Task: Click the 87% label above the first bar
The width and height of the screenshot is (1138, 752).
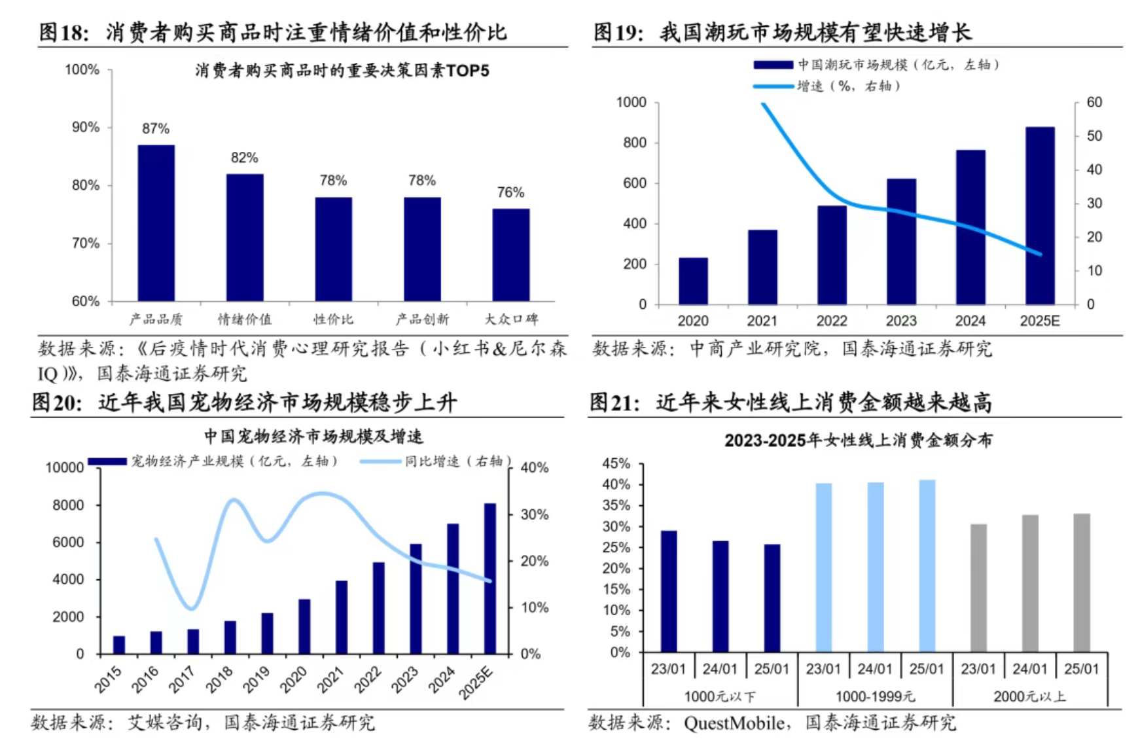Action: [x=156, y=128]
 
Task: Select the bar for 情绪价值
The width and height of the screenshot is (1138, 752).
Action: [x=245, y=237]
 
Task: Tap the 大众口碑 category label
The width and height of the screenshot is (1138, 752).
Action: [x=511, y=319]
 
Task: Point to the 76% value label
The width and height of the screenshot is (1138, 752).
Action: [x=510, y=192]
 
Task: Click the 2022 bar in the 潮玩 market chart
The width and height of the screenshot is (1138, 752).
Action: [x=832, y=255]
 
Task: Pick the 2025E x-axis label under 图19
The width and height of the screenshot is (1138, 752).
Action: [x=1039, y=321]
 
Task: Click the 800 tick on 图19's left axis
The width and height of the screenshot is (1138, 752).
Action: [x=634, y=143]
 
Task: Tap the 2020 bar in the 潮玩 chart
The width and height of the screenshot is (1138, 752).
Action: [x=693, y=281]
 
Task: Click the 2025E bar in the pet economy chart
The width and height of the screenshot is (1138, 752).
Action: [x=489, y=579]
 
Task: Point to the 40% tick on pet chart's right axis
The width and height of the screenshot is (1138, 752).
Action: [x=534, y=468]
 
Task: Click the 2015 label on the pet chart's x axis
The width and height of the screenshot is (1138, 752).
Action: [x=109, y=679]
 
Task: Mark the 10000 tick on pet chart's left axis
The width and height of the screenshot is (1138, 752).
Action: [x=64, y=468]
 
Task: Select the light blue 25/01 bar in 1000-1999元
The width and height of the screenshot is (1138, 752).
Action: [x=927, y=565]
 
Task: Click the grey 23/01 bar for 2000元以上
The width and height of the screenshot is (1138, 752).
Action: [x=978, y=588]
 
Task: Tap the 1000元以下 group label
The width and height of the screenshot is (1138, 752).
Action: [x=719, y=696]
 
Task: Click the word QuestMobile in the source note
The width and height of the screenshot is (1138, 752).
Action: [x=734, y=723]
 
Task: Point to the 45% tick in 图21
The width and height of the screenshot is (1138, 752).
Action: [x=616, y=463]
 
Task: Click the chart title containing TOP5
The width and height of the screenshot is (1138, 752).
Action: [x=342, y=71]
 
